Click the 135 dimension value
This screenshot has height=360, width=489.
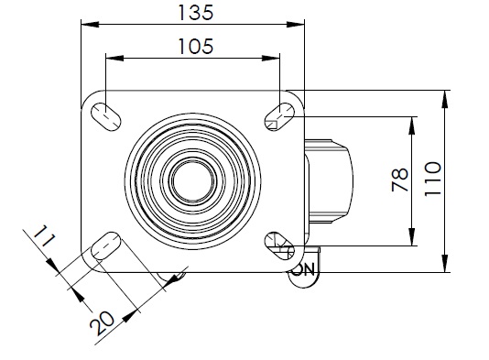point(196,13)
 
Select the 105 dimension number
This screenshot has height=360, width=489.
point(196,47)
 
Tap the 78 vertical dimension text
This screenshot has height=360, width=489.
point(400,180)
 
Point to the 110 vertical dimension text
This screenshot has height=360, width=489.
point(433,179)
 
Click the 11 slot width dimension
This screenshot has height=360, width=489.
point(44,235)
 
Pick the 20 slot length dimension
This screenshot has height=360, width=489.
point(102,323)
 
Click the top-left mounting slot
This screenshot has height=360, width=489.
point(106,116)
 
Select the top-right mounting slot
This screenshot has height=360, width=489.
point(279,116)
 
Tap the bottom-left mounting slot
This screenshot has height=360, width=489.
point(105,246)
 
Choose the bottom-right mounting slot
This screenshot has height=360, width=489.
point(279,246)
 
